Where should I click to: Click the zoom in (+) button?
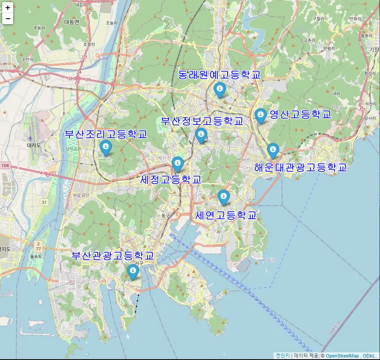8,8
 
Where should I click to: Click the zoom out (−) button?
8,19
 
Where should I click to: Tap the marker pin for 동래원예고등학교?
220,90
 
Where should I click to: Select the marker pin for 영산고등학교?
260,115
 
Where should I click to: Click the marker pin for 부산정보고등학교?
201,135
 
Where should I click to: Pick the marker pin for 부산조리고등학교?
106,147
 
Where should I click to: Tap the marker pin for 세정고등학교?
177,164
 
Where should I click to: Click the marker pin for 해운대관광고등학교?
273,150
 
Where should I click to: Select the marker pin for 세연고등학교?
223,197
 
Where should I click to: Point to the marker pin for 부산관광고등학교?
133,271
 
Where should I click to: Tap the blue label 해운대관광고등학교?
300,167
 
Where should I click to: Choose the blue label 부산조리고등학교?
106,134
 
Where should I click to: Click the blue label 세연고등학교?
226,215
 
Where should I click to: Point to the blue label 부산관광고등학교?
112,256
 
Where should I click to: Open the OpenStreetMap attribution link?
343,356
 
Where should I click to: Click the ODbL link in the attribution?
369,356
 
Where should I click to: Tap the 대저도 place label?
33,145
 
